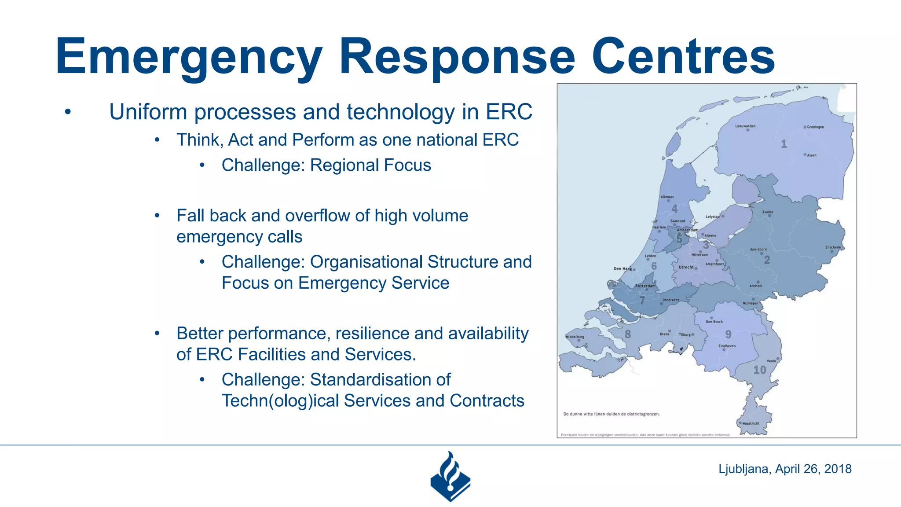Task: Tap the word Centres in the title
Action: (x=683, y=57)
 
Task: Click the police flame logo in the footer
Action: (x=450, y=477)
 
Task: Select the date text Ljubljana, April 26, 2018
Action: (x=785, y=469)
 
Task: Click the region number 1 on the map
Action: (x=784, y=144)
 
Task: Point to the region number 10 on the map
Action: (x=759, y=370)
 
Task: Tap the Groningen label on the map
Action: (x=815, y=127)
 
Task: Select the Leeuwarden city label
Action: (x=745, y=126)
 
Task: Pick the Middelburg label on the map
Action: (x=575, y=337)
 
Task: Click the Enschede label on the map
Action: (x=833, y=247)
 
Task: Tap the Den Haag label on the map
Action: (x=623, y=268)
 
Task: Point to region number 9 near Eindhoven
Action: (x=728, y=334)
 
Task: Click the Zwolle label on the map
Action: (x=768, y=212)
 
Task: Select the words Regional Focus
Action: (x=370, y=165)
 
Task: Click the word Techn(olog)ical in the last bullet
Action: (x=280, y=401)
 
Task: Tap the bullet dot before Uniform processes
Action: (x=67, y=112)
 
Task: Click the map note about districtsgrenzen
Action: (x=611, y=414)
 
